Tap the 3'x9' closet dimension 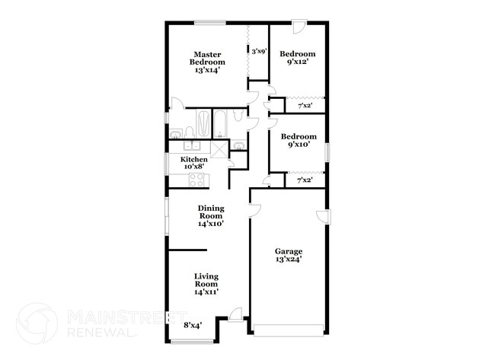pyautogui.click(x=259, y=51)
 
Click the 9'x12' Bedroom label pyautogui.click(x=298, y=59)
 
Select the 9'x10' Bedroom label pyautogui.click(x=298, y=141)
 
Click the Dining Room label pyautogui.click(x=210, y=215)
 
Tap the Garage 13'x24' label pyautogui.click(x=289, y=256)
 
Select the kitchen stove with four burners pyautogui.click(x=196, y=180)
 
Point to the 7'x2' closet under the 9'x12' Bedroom pyautogui.click(x=304, y=105)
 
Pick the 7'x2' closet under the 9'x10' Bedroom pyautogui.click(x=304, y=180)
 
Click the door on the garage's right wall pyautogui.click(x=324, y=216)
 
